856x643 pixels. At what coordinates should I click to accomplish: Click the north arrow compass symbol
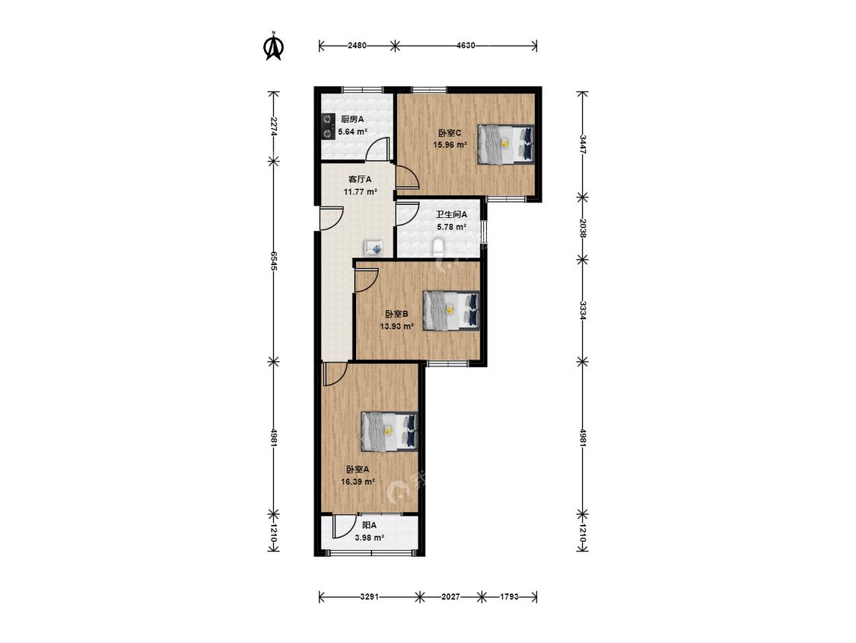coord(273,46)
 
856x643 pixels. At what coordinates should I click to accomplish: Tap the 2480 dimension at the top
coord(357,46)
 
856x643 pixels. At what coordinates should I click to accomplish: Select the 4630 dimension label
coord(466,46)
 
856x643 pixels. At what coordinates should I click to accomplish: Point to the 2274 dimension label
coord(274,127)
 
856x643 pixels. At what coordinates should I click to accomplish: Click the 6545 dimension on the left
coord(274,261)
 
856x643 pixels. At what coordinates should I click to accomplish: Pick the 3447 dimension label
coord(583,144)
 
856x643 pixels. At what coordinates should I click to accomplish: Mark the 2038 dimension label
coord(583,228)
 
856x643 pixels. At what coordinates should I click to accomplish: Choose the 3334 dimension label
coord(583,310)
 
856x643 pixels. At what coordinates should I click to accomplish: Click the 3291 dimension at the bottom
coord(370,597)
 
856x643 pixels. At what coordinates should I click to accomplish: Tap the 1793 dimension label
coord(509,597)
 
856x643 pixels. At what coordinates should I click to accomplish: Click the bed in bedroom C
coord(505,144)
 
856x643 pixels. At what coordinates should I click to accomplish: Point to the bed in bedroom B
coord(451,310)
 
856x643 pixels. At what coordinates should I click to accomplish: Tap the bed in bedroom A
coord(390,431)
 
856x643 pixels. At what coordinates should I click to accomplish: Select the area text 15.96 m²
coord(450,145)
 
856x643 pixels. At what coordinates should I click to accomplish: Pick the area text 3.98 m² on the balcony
coord(370,537)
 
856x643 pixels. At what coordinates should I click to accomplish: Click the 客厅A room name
coord(361,179)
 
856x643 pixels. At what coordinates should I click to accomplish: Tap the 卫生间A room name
coord(451,215)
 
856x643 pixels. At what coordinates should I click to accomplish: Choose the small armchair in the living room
coord(376,248)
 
